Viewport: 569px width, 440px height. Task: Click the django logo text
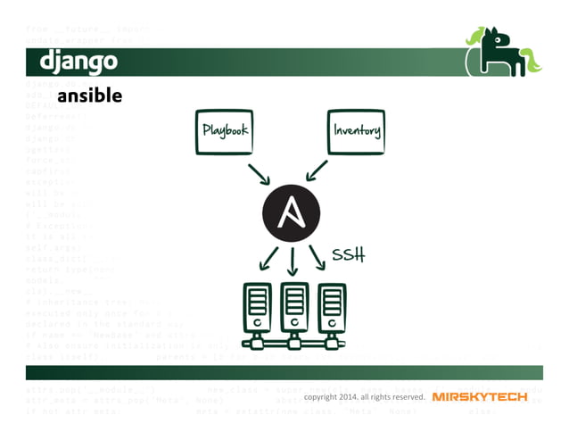click(78, 62)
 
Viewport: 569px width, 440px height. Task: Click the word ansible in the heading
click(89, 95)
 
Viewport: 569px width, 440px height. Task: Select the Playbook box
click(224, 131)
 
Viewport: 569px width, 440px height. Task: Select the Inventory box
click(357, 131)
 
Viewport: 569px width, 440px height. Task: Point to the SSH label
click(349, 255)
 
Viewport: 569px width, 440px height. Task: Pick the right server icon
click(331, 307)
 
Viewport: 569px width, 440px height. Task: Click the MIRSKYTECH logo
click(480, 396)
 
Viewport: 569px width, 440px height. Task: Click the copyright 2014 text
click(364, 396)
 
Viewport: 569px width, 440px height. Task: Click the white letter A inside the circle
click(291, 214)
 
